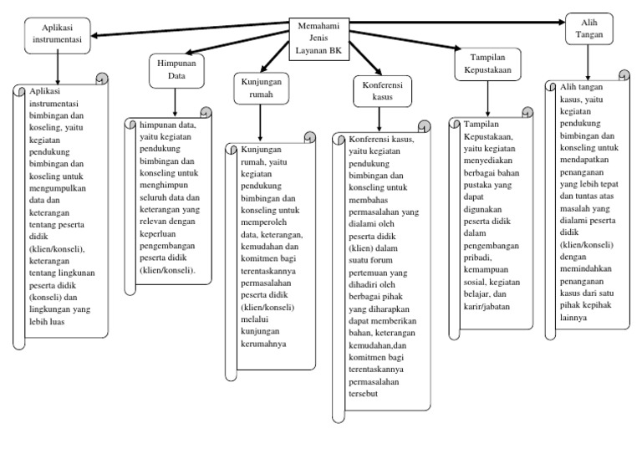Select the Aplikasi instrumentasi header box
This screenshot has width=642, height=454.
[57, 33]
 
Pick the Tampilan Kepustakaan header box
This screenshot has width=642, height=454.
[489, 64]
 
